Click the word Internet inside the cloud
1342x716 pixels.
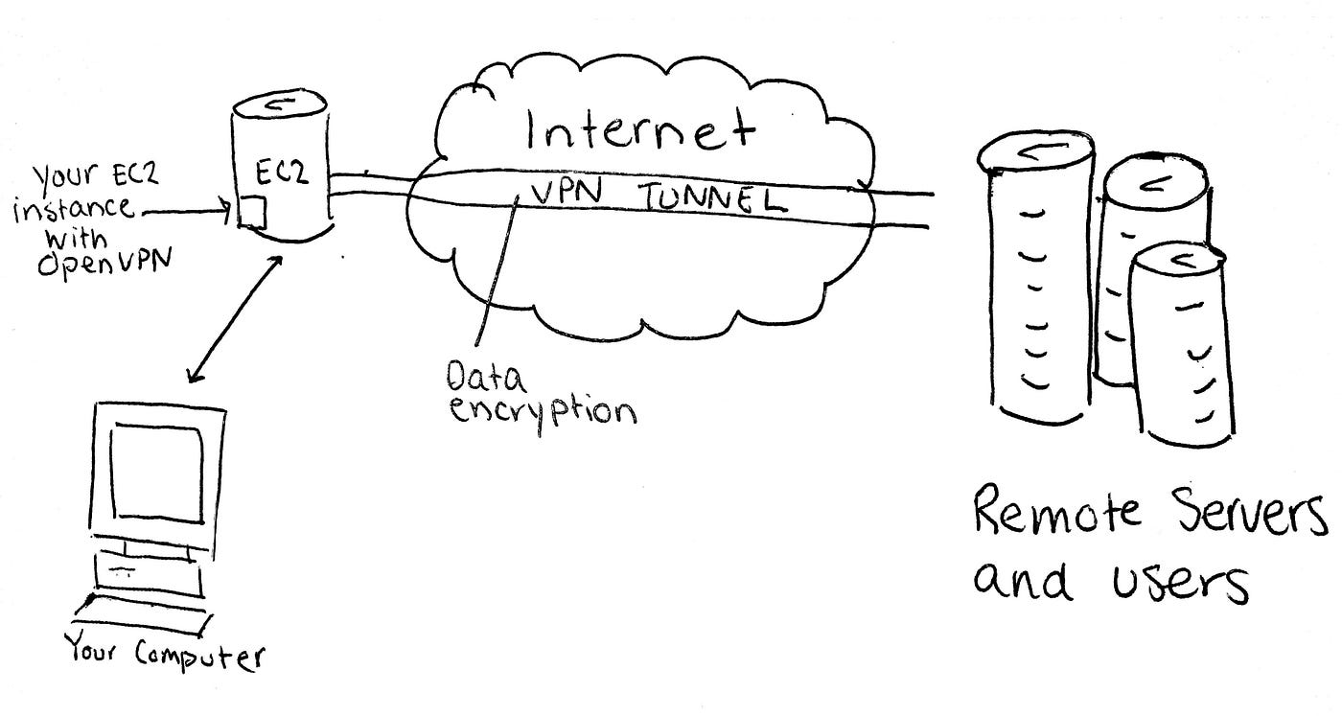coord(640,130)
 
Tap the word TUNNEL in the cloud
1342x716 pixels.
coord(711,199)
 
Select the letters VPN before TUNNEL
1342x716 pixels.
coord(567,193)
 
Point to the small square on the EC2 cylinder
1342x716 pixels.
coord(252,212)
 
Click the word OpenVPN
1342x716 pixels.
coord(104,262)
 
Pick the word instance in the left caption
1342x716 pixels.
coord(73,209)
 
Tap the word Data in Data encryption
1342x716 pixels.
coord(486,378)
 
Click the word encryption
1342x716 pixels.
coord(543,411)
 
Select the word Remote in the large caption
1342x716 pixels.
coord(1056,512)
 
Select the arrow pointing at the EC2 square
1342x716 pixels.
coord(187,211)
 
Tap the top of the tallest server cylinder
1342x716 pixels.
coord(1036,152)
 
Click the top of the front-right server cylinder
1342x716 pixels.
coord(1177,261)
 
